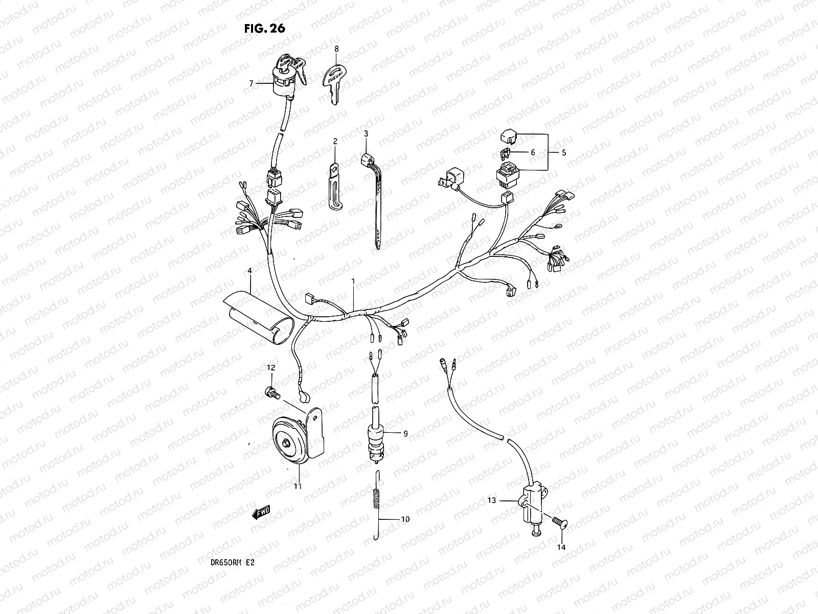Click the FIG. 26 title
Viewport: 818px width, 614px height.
[x=264, y=28]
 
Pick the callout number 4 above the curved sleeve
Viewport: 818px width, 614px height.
[x=249, y=270]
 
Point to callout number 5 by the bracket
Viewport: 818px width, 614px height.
[x=564, y=152]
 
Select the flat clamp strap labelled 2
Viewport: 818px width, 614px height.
[x=334, y=186]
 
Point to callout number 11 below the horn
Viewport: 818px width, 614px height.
[x=298, y=486]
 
